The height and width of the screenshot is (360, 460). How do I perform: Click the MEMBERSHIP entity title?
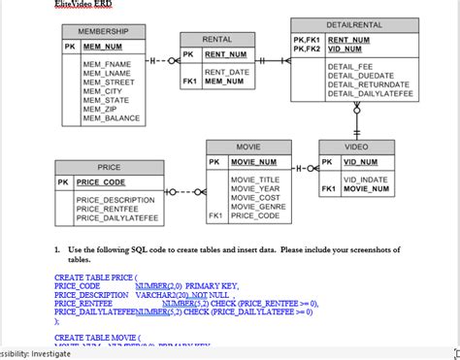point(103,32)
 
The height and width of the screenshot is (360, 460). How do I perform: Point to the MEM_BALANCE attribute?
point(112,118)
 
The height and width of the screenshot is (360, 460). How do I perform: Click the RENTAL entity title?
point(216,39)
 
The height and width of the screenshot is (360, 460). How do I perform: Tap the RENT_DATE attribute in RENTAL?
point(226,72)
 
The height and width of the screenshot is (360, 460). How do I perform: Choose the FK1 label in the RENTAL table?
point(190,82)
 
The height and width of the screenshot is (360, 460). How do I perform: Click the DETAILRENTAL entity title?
point(351,22)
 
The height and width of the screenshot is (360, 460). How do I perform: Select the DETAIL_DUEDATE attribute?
point(361,75)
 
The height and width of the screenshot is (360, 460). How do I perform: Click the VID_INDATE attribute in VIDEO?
point(365,180)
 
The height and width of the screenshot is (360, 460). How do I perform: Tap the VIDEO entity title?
point(356,147)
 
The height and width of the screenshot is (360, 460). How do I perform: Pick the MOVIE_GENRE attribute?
point(257,207)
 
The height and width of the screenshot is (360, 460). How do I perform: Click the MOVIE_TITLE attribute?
point(254,180)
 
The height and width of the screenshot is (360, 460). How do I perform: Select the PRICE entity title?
point(109,167)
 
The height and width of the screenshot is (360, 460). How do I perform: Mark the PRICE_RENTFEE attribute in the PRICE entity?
point(108,209)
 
